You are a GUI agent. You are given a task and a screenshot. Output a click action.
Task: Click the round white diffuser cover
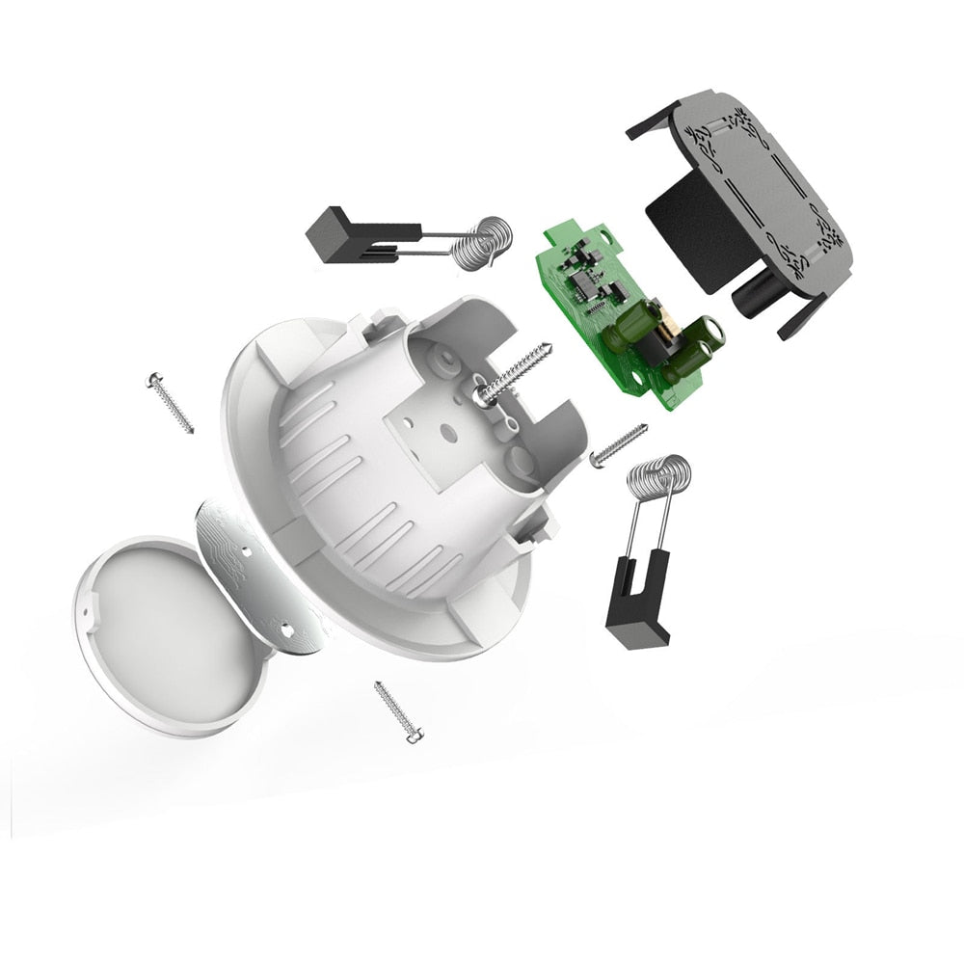[x=169, y=631]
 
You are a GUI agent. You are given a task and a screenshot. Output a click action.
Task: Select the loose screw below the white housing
[x=396, y=711]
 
